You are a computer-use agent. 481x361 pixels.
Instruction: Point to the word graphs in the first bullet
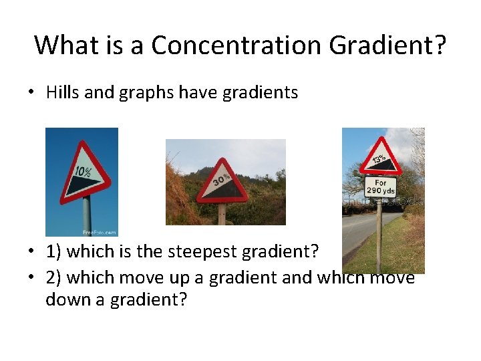[142, 93]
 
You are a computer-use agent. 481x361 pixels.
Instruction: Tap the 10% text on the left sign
[83, 172]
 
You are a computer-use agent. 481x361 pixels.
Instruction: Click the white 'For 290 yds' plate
[380, 187]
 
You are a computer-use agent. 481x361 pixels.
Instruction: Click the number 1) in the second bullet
[53, 252]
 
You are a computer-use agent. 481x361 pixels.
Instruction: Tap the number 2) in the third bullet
[53, 277]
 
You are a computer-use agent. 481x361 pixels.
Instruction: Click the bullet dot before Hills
[31, 93]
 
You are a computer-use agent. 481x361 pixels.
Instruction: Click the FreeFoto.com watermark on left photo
[99, 232]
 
